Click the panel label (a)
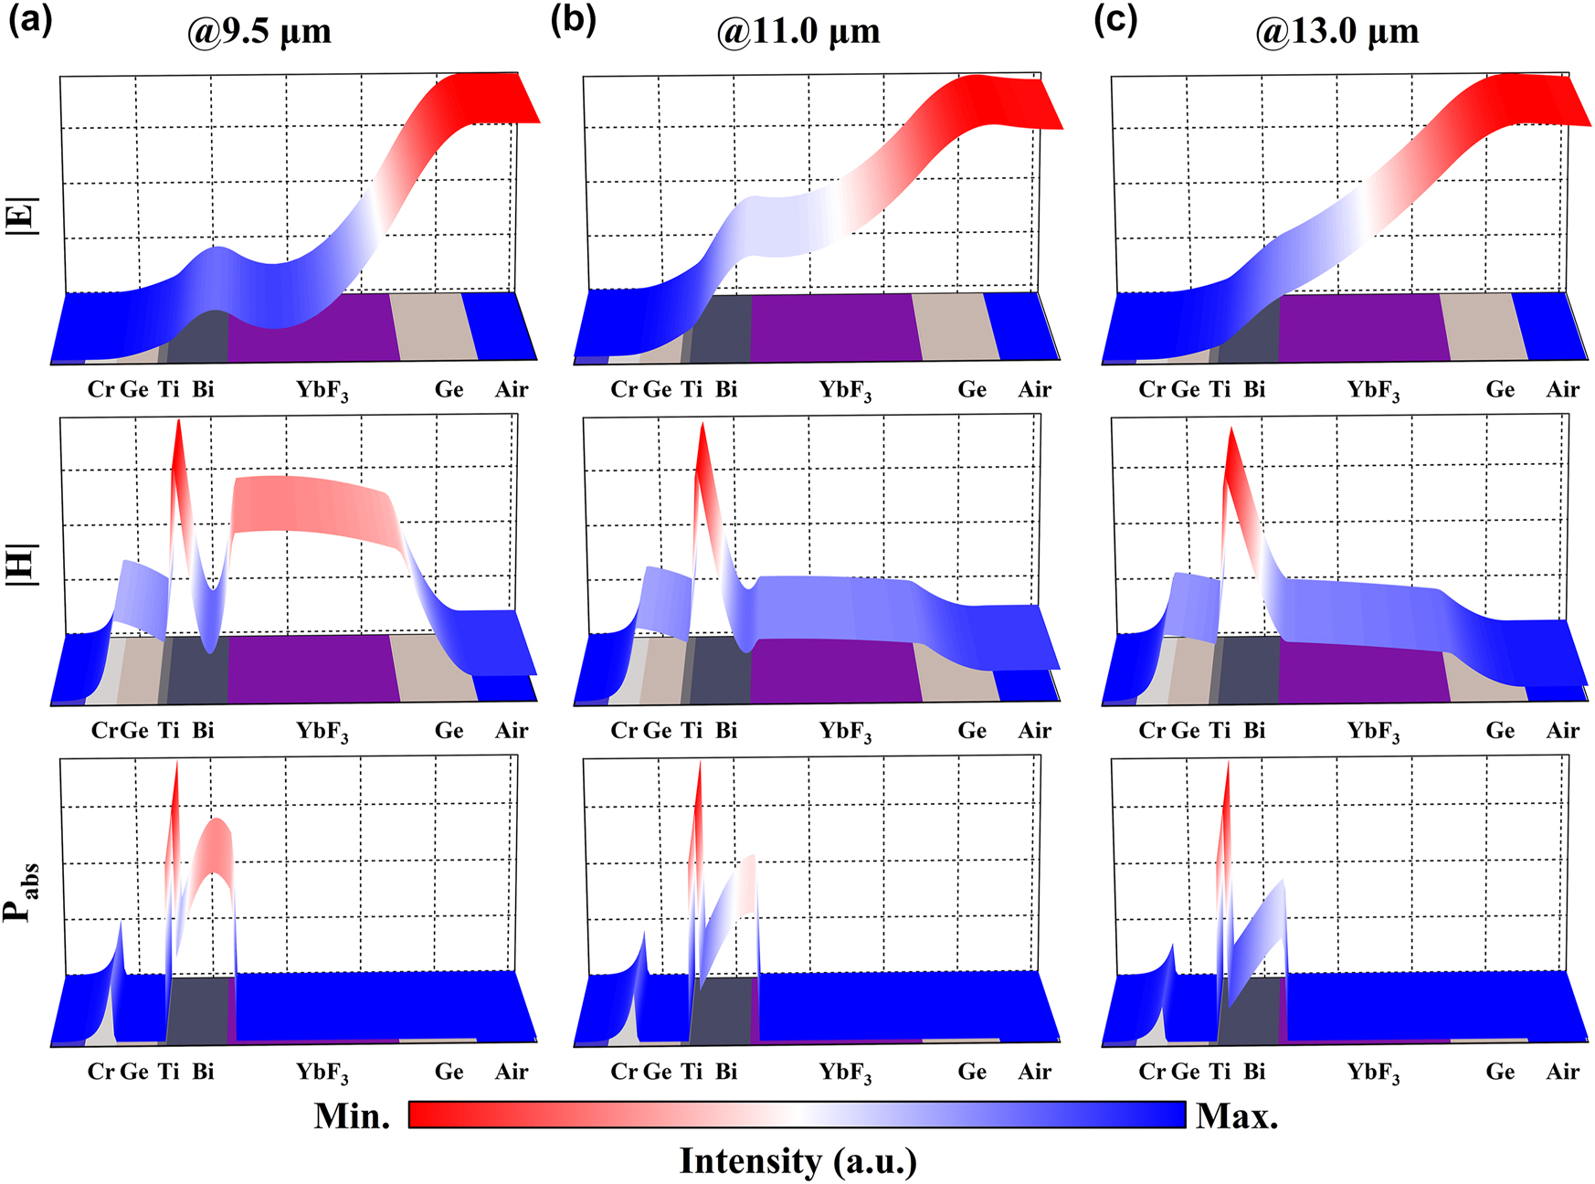pos(29,20)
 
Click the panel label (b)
pos(573,20)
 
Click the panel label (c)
pos(1115,20)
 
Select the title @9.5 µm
pos(259,32)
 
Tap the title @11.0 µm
pos(797,32)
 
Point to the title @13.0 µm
pos(1336,32)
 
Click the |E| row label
pos(22,217)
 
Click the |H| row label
pos(22,564)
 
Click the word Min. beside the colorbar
pos(352,1115)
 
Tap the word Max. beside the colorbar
pos(1237,1115)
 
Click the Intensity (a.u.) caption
pos(797,1161)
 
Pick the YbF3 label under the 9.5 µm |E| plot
pos(322,391)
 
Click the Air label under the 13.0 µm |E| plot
pos(1562,390)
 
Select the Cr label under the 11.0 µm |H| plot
pos(624,731)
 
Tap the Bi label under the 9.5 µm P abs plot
pos(203,1071)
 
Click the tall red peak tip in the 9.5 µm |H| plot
pos(178,422)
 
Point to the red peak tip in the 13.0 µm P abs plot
pos(1227,764)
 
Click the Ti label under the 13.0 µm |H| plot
pos(1220,731)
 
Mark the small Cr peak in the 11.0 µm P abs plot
pos(643,934)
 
